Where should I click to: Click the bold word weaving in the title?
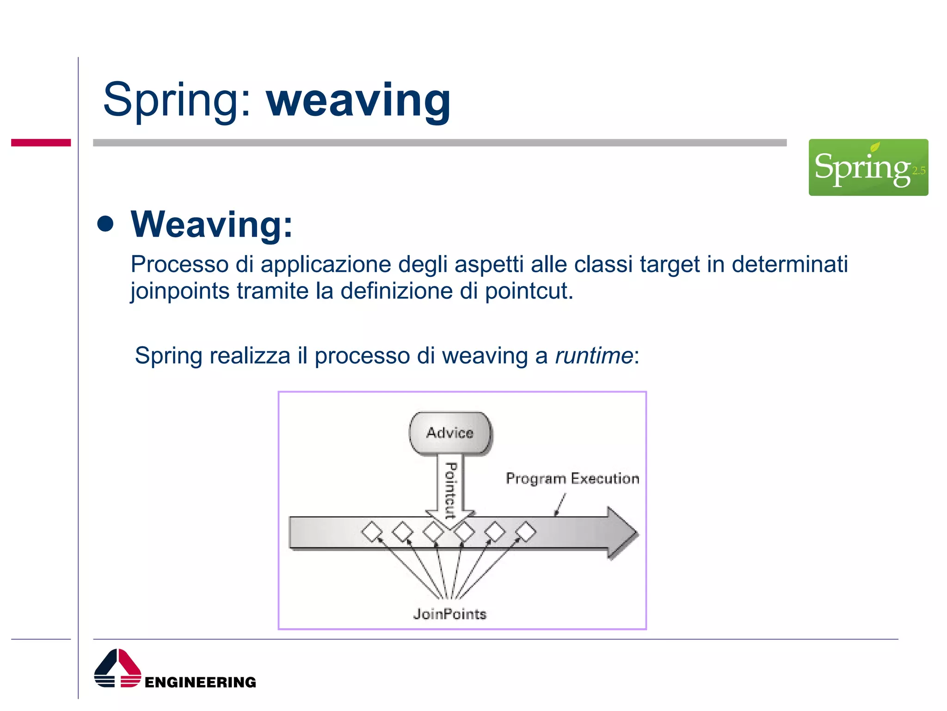tap(358, 101)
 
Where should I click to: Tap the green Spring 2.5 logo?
tap(868, 167)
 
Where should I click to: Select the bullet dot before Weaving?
tap(106, 224)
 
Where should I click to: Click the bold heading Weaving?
tap(211, 225)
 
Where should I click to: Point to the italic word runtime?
tap(593, 356)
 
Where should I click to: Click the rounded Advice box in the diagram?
tap(450, 433)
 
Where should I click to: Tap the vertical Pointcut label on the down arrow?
tap(450, 490)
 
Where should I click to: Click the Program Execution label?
tap(572, 478)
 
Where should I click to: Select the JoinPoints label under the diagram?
tap(449, 614)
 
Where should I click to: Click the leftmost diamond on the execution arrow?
tap(372, 531)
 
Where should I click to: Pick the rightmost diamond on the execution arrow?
tap(525, 531)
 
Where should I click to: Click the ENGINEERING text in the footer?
tap(200, 682)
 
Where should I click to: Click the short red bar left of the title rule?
tap(41, 143)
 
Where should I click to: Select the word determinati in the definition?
tap(789, 265)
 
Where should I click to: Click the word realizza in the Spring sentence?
tap(250, 356)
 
